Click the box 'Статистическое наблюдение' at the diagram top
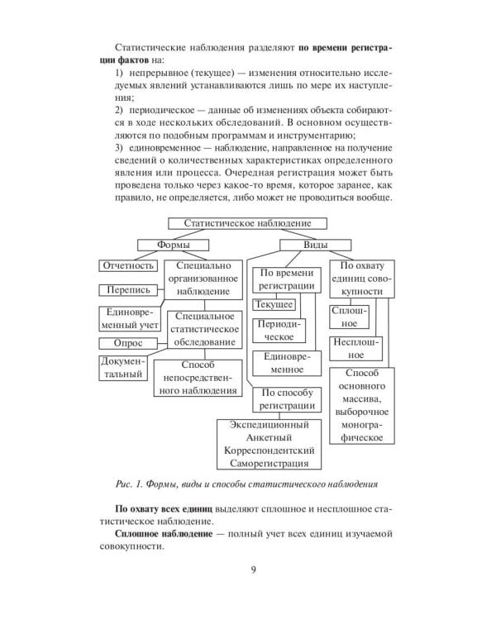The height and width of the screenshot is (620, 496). pos(247,223)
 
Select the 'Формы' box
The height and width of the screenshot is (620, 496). pos(173,245)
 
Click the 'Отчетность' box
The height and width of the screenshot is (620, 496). pos(128,266)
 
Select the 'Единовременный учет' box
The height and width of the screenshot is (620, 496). pos(127,318)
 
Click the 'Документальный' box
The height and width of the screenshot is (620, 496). pos(122,369)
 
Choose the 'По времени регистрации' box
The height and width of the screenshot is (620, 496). pos(287,279)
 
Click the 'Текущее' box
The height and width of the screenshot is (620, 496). pos(275,305)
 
